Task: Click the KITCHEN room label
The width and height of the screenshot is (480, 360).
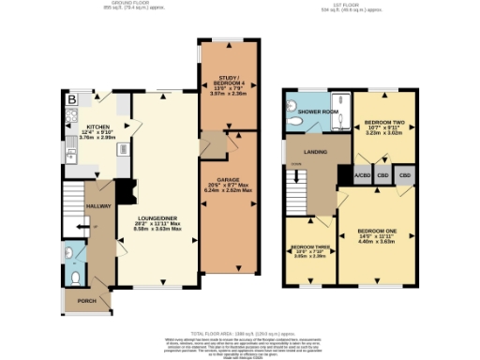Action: click(98, 127)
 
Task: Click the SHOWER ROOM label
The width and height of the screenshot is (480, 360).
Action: click(318, 112)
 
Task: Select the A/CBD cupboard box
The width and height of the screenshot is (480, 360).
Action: click(362, 175)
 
